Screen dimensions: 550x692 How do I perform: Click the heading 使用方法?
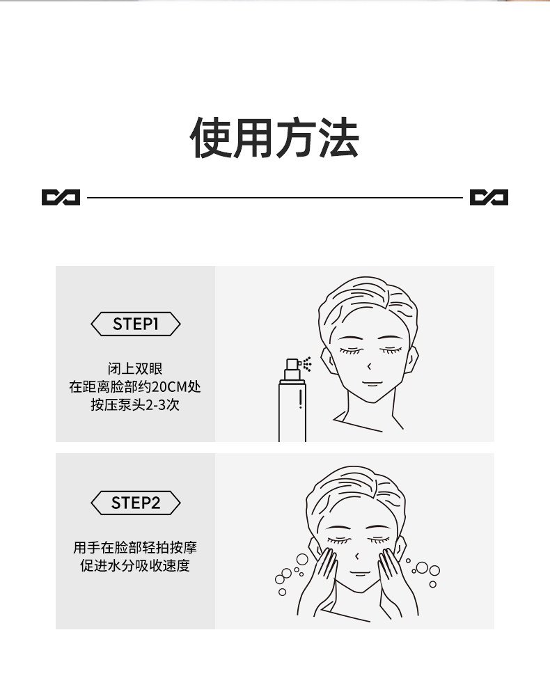(274, 138)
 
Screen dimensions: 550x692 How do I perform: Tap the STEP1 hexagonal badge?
(136, 324)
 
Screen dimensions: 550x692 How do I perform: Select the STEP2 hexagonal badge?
(136, 503)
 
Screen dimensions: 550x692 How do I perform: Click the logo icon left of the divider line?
(61, 197)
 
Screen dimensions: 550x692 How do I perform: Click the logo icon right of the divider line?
(489, 197)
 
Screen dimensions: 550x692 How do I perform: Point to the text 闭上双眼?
(135, 368)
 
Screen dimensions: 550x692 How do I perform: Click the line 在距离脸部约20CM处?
(135, 386)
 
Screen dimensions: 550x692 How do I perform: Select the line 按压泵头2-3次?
(135, 404)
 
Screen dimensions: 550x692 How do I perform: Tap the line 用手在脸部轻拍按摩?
(135, 548)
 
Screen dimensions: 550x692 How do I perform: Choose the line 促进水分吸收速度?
(135, 566)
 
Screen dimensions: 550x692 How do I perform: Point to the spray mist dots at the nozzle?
(307, 364)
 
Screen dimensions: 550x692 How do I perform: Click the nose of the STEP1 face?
(369, 366)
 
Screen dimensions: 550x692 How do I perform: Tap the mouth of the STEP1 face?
(372, 383)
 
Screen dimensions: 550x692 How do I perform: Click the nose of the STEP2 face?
(356, 556)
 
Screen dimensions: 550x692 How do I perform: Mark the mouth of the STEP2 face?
(360, 573)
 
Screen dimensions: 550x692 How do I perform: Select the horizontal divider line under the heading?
(274, 198)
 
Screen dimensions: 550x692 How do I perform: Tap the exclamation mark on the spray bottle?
(301, 398)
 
